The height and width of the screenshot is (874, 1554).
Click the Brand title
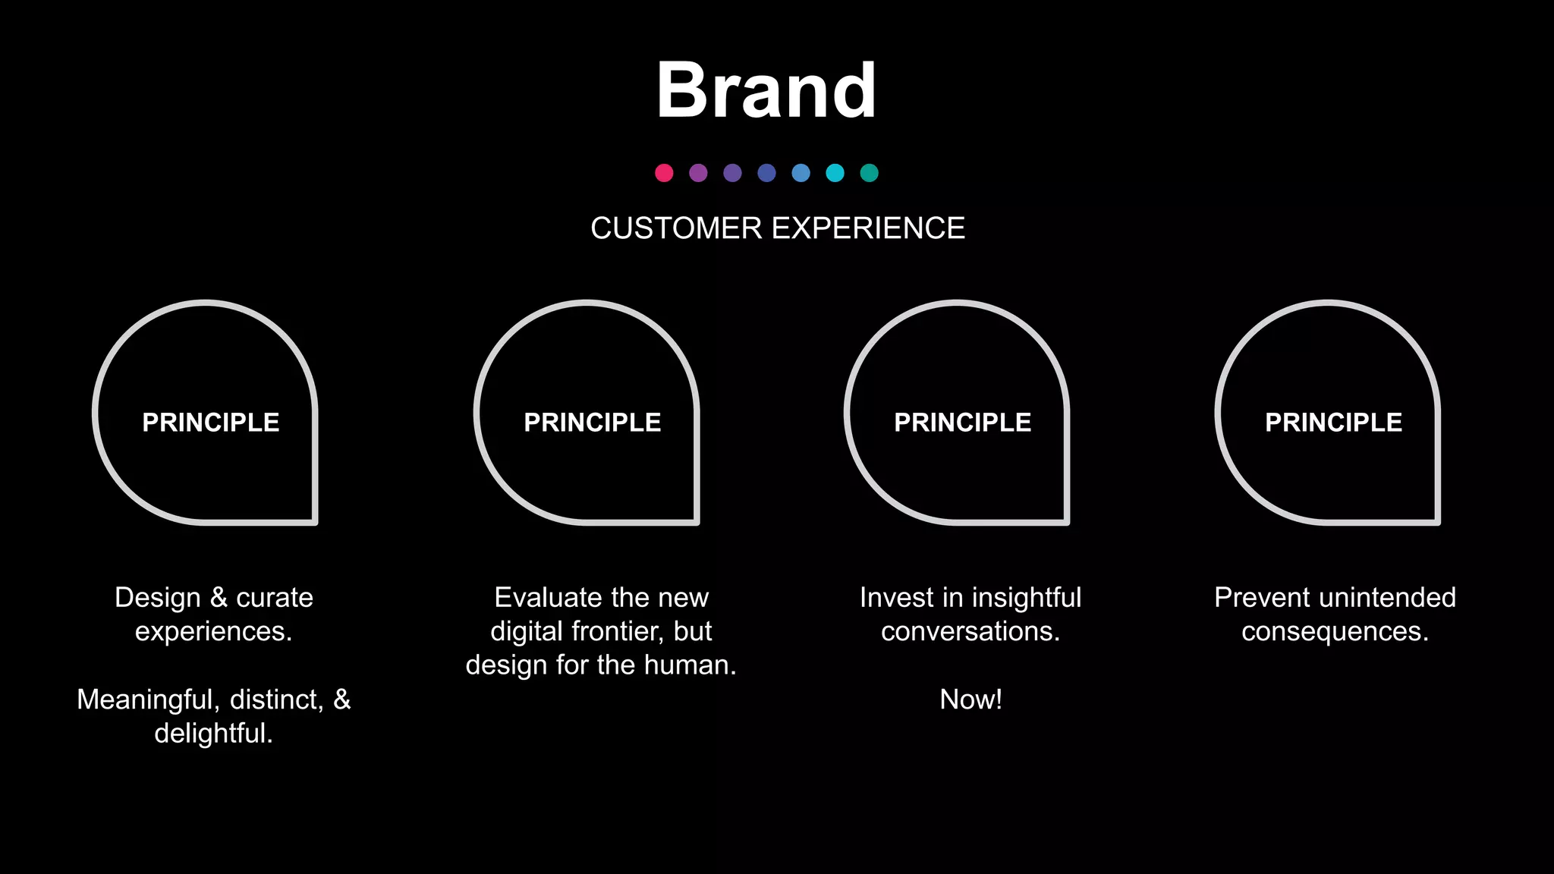pyautogui.click(x=766, y=91)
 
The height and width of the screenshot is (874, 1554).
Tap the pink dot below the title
pyautogui.click(x=664, y=173)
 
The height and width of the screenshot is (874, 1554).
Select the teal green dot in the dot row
pyautogui.click(x=869, y=173)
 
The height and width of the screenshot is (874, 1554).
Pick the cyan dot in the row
pyautogui.click(x=835, y=173)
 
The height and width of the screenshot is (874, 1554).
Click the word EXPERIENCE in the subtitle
pyautogui.click(x=869, y=228)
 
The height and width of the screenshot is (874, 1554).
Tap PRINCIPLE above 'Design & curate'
pyautogui.click(x=211, y=423)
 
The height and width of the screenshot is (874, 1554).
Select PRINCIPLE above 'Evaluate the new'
pyautogui.click(x=592, y=423)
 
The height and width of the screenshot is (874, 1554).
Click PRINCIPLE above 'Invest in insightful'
pyautogui.click(x=962, y=423)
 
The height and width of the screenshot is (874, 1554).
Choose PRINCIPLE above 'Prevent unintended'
pyautogui.click(x=1333, y=423)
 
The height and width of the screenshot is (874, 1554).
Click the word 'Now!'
pyautogui.click(x=970, y=700)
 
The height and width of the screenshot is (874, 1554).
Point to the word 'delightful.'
pyautogui.click(x=213, y=734)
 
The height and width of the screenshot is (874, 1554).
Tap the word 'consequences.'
pyautogui.click(x=1335, y=632)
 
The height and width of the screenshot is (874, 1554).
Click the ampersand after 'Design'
pyautogui.click(x=219, y=598)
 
